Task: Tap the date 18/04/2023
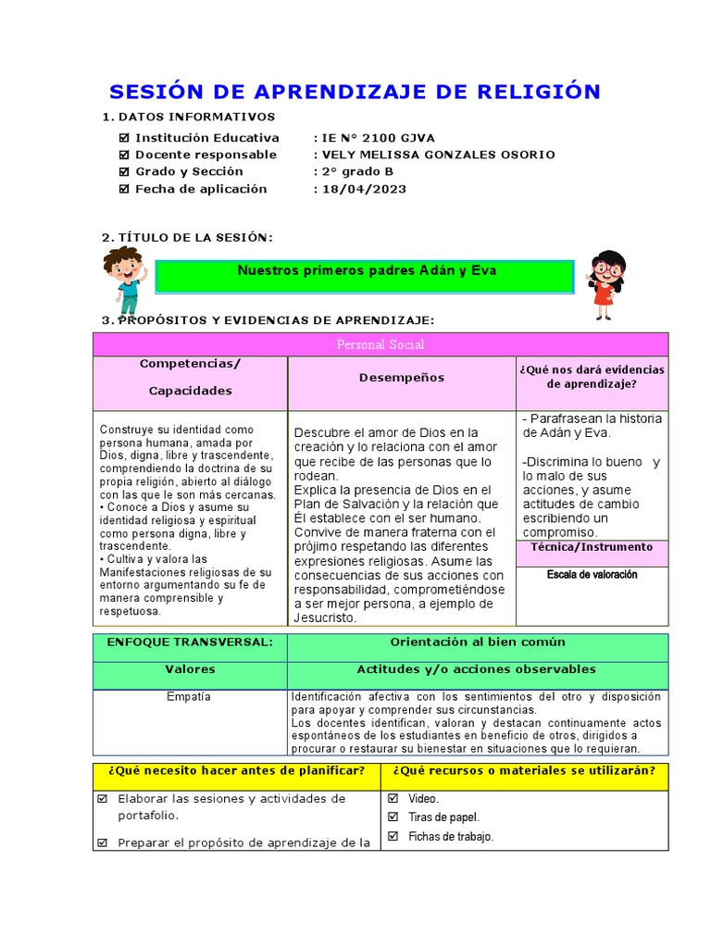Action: click(x=363, y=189)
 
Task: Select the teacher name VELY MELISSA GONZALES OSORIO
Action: click(x=438, y=155)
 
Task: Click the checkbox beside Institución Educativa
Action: click(x=125, y=138)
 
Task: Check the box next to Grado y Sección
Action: click(x=125, y=172)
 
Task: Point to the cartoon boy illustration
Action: click(x=125, y=281)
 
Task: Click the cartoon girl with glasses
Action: click(x=606, y=283)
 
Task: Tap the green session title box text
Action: click(x=367, y=271)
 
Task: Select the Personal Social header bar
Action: click(x=380, y=344)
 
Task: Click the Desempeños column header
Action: click(x=402, y=378)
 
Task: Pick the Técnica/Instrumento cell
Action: click(x=592, y=547)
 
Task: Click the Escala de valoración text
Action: click(x=592, y=575)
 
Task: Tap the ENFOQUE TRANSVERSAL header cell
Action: click(x=190, y=642)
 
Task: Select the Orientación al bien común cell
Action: click(x=478, y=642)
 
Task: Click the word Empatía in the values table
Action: click(x=190, y=697)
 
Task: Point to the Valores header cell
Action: click(x=190, y=669)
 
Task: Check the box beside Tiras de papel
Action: click(x=393, y=817)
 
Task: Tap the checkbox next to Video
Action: click(x=393, y=798)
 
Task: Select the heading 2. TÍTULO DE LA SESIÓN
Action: click(x=187, y=238)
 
